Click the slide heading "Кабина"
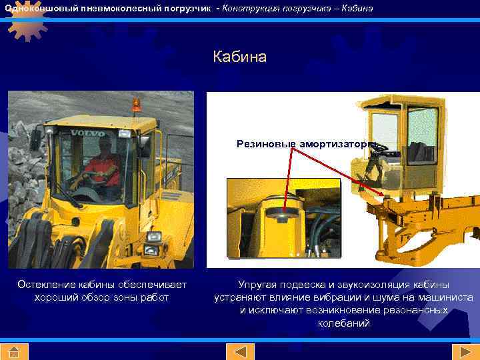pos(240,57)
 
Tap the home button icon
pos(14,351)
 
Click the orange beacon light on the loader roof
pos(136,105)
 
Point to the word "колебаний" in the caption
pos(343,323)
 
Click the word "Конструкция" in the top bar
pos(249,8)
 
